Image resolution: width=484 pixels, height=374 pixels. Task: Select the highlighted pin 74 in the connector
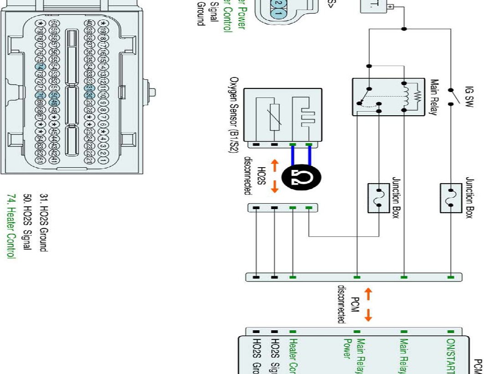click(39, 67)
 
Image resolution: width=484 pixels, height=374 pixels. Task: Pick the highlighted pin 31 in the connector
click(89, 88)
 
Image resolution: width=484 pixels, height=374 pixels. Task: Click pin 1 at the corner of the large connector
click(104, 161)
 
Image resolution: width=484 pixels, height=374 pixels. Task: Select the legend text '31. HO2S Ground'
click(50, 222)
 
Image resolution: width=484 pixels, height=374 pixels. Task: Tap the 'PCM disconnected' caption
click(347, 304)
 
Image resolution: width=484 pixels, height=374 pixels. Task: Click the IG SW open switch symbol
click(451, 96)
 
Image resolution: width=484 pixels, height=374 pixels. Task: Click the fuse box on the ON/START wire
click(451, 197)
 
